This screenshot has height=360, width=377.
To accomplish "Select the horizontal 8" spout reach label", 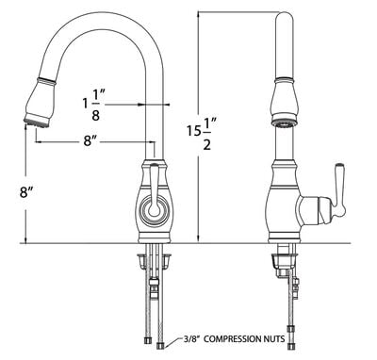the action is tap(91, 141).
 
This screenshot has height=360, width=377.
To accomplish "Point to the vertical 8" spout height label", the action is tap(26, 191).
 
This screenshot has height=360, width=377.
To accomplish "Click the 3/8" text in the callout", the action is tap(192, 338).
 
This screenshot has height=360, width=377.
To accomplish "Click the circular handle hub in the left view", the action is tap(154, 209).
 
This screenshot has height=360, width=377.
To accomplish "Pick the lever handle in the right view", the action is tap(339, 190).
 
